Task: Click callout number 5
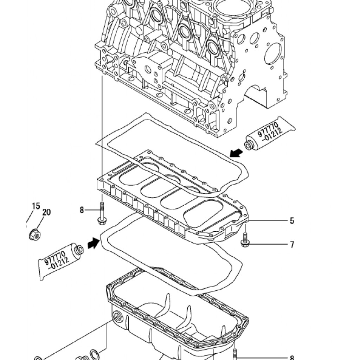click(x=292, y=221)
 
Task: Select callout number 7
click(x=292, y=245)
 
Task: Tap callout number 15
click(x=36, y=206)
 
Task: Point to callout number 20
click(x=46, y=212)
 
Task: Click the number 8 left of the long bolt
click(x=82, y=210)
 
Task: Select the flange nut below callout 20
click(x=35, y=234)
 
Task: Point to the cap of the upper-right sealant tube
click(x=249, y=146)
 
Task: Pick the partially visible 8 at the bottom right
click(x=292, y=358)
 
